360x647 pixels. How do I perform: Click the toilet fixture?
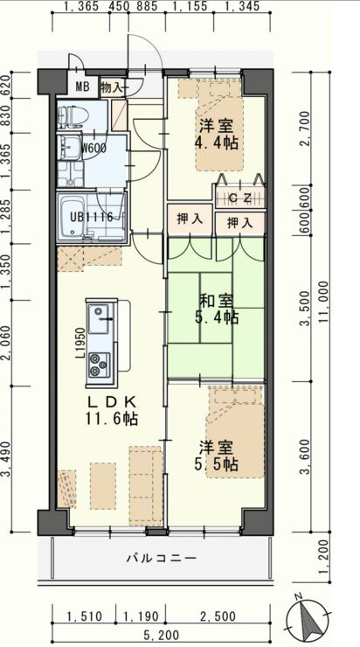71,117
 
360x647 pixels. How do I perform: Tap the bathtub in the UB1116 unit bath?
73,217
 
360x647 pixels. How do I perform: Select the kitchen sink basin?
99,320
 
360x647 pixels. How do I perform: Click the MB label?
80,87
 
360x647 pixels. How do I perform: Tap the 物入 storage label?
112,87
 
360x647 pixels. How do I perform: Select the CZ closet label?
240,198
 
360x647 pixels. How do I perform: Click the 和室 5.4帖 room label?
217,309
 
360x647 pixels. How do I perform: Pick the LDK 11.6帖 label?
111,411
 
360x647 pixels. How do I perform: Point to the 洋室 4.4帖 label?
217,134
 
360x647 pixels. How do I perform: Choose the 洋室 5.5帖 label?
217,456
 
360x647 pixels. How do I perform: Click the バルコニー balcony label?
162,559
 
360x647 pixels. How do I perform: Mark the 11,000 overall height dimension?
323,303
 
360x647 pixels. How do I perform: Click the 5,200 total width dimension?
162,634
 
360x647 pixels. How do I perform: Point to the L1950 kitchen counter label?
80,343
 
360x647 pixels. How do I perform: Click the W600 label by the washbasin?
95,147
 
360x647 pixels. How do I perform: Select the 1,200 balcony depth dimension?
325,558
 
